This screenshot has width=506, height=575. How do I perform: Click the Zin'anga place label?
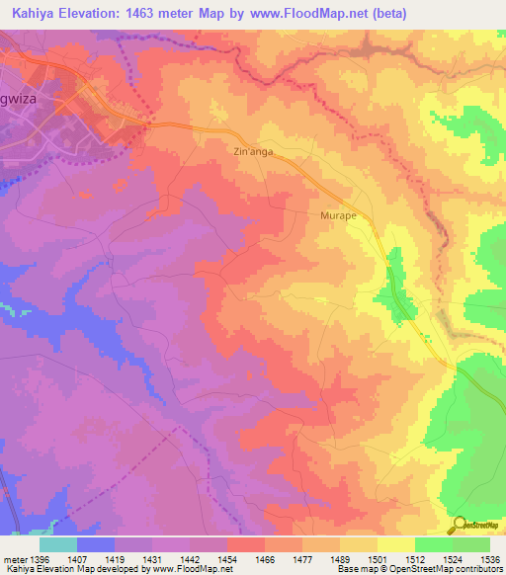click(252, 152)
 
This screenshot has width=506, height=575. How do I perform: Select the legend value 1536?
click(490, 557)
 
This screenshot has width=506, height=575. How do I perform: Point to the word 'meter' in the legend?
click(15, 557)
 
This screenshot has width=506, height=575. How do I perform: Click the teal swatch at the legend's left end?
click(57, 543)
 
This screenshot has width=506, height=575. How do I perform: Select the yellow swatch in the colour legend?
click(395, 543)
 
